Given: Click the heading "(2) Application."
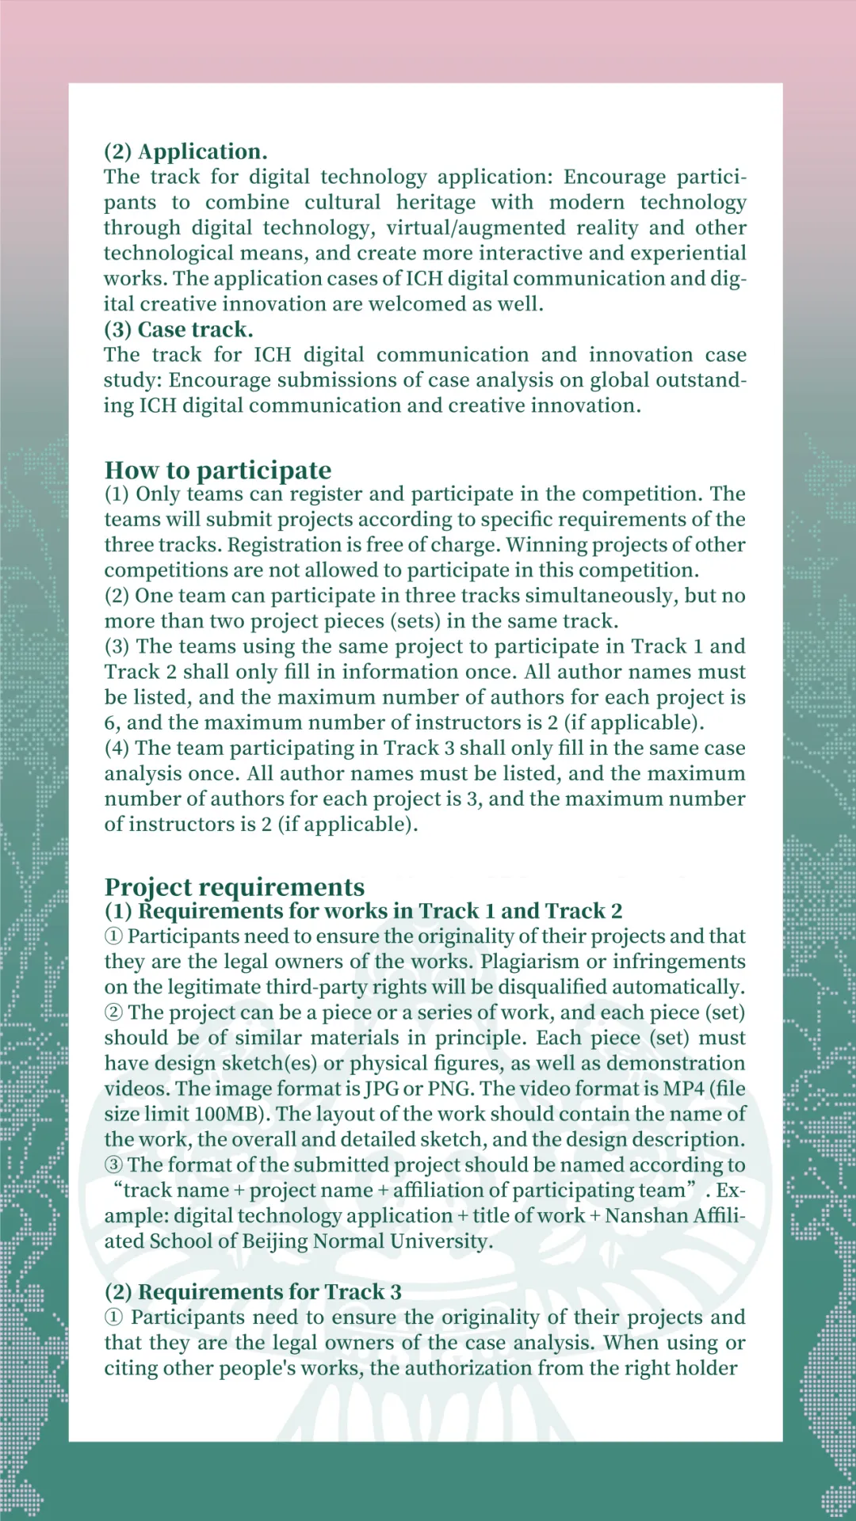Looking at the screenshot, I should point(185,151).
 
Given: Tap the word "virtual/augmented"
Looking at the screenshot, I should point(476,228).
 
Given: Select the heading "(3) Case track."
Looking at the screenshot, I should point(178,330).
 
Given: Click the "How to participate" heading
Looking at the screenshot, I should point(218,470).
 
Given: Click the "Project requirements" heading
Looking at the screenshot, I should point(235,886).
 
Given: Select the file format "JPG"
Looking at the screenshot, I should point(382,1088).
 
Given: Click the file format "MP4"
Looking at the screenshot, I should point(683,1088).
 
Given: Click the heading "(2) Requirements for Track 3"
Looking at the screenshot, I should point(253,1292).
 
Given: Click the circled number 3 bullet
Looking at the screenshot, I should point(114,1165).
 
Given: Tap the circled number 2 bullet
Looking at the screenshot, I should point(114,1012).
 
